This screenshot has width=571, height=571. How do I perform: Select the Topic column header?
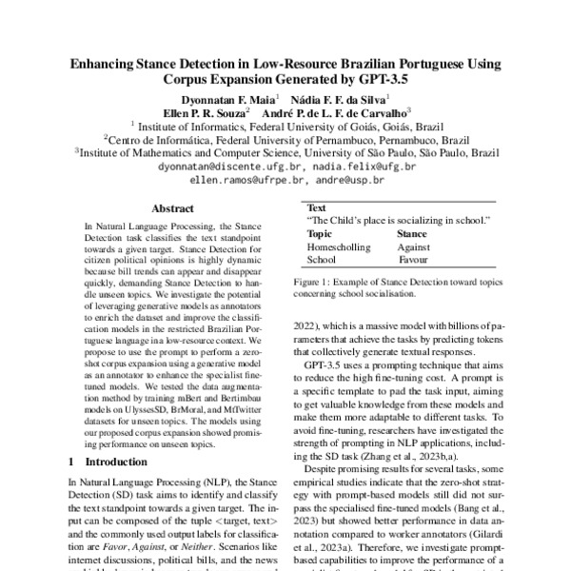coord(320,233)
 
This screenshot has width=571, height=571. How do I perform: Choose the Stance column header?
coord(411,233)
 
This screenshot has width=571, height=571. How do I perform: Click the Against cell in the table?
coord(414,246)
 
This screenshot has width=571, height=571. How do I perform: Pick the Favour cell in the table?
coord(413,258)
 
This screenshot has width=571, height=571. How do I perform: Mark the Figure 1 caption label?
coord(324,283)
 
